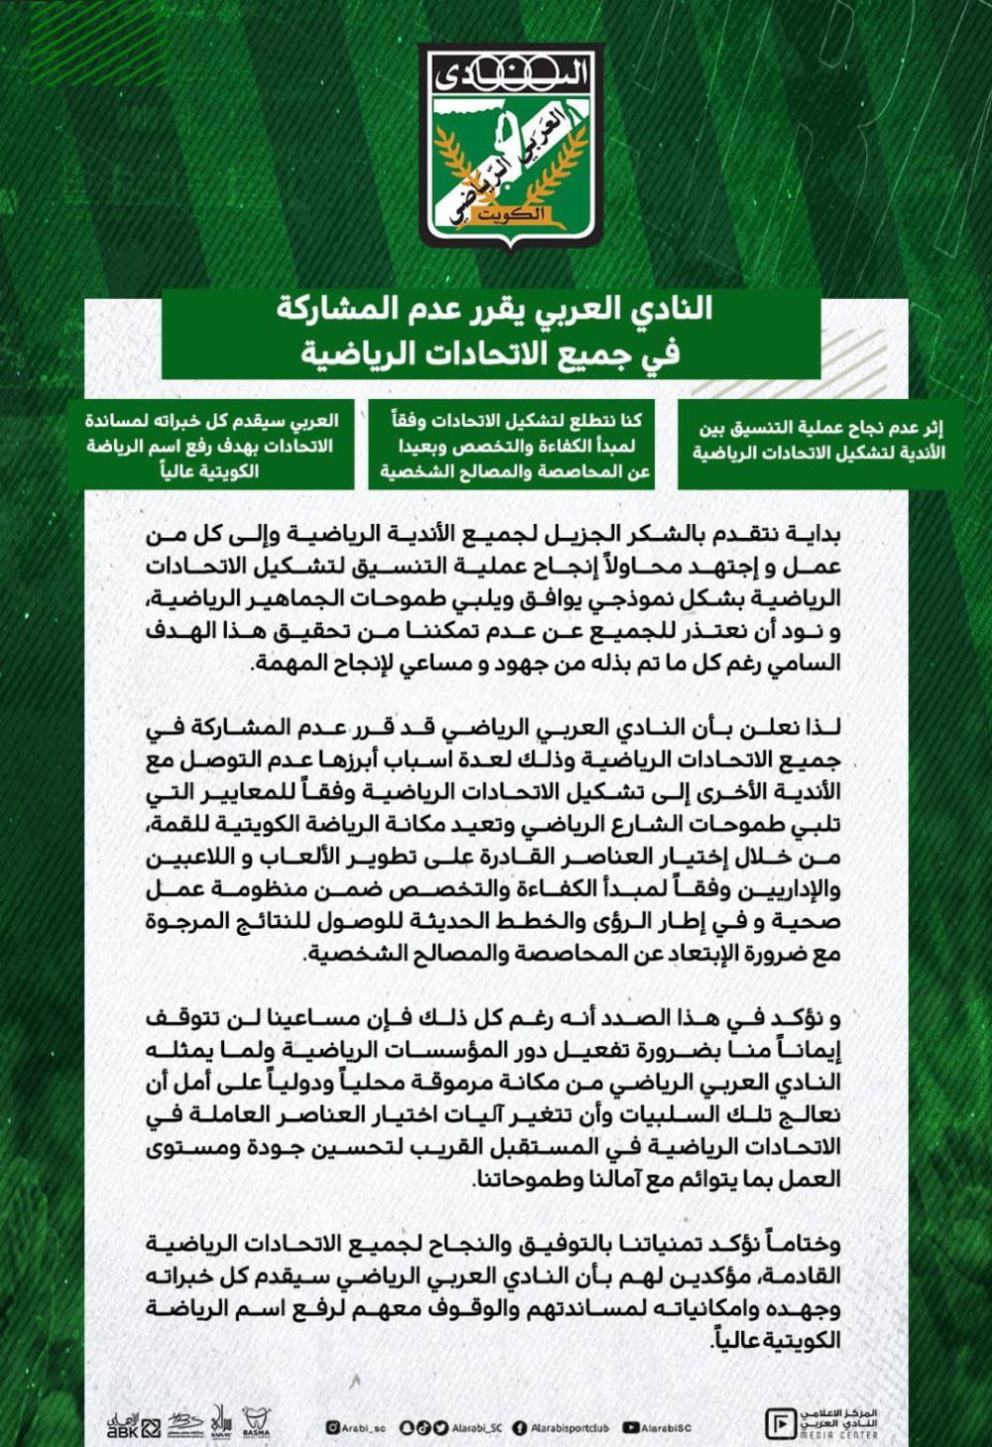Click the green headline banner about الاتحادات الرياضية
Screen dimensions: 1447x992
click(493, 331)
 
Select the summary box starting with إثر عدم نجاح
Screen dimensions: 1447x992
click(819, 441)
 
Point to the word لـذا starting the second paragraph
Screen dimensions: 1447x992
click(821, 727)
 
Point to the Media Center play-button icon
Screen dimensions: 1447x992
click(780, 1423)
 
